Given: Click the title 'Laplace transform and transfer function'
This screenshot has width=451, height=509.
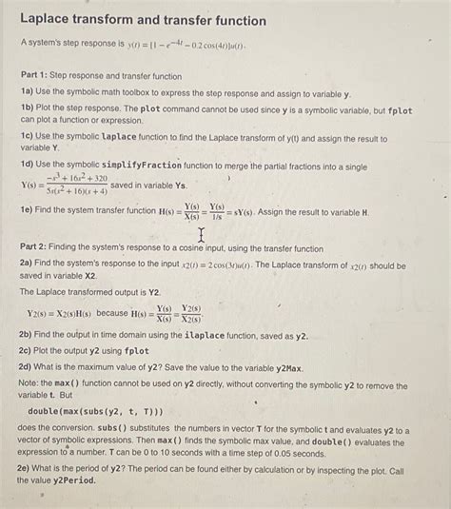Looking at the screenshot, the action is pyautogui.click(x=144, y=20).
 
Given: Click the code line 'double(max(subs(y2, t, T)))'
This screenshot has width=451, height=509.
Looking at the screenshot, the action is pyautogui.click(x=96, y=411).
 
